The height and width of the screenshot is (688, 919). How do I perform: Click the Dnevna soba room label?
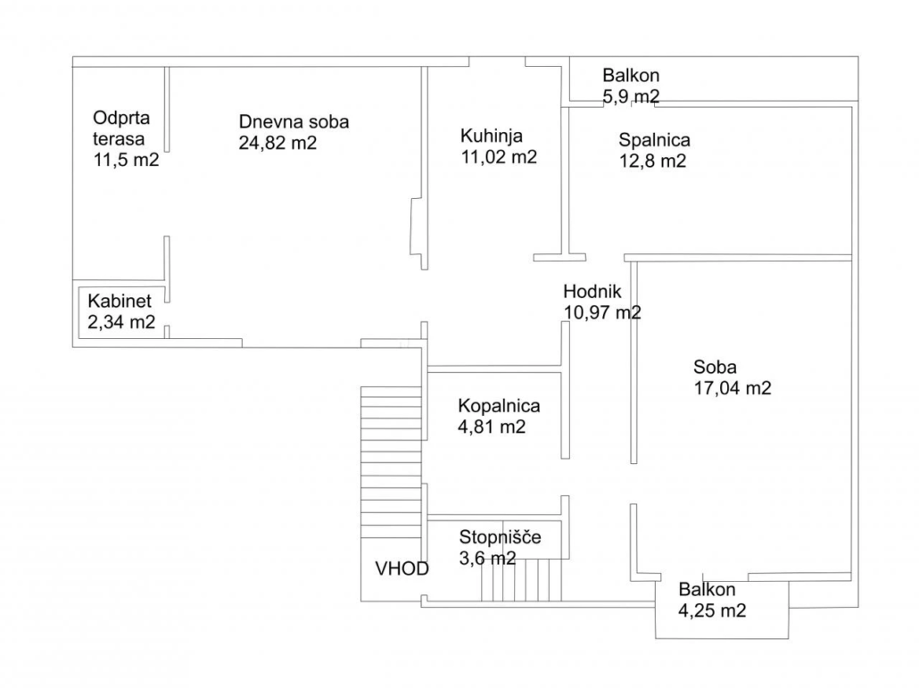(x=294, y=122)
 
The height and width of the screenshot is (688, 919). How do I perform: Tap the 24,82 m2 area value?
(x=277, y=143)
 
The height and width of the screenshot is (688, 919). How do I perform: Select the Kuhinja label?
(x=491, y=137)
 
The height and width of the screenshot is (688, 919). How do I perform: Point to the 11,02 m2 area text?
(x=499, y=157)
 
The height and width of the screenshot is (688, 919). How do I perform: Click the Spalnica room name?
(x=654, y=141)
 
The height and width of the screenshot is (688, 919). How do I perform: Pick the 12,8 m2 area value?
(x=652, y=162)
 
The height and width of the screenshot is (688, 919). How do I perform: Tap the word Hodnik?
(x=592, y=291)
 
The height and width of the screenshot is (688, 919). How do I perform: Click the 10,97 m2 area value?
(x=602, y=312)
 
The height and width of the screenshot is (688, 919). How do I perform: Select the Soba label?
(x=715, y=368)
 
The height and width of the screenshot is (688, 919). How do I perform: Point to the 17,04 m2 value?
(x=733, y=388)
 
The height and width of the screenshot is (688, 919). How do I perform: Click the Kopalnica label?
(x=499, y=406)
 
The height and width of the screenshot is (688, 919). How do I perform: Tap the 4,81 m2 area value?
(x=491, y=427)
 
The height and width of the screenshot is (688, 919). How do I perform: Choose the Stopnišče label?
(x=500, y=537)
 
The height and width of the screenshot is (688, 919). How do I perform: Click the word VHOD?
(x=402, y=568)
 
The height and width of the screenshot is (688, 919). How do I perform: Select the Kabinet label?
(x=120, y=302)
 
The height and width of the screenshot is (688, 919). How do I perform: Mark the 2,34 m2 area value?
(x=121, y=322)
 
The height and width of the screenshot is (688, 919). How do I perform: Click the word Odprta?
(x=121, y=119)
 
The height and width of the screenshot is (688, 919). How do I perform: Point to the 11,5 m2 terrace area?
(x=126, y=160)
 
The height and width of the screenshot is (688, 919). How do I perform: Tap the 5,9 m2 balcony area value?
(x=631, y=96)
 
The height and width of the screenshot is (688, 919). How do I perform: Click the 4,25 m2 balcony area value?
(x=712, y=610)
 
